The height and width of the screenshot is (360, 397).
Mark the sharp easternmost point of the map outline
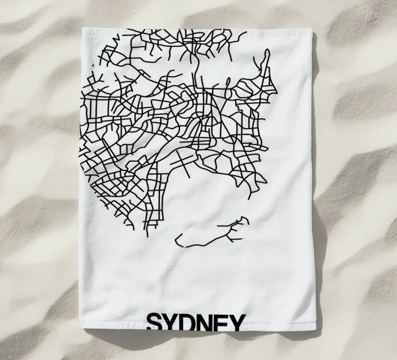click(276, 92)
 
